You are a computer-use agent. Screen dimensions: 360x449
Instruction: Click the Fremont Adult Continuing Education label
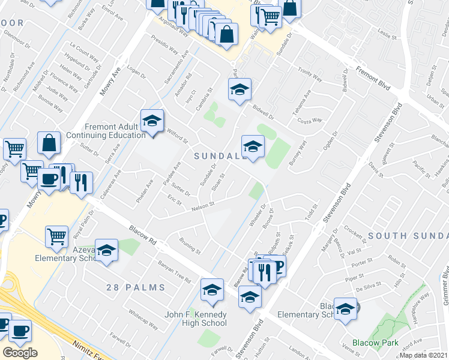(x=115, y=131)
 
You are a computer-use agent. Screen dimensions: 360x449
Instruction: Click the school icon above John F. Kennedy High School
(x=211, y=290)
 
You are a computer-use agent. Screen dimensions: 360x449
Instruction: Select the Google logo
(x=20, y=352)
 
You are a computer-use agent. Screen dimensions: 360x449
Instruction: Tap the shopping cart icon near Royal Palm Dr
(x=56, y=236)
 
